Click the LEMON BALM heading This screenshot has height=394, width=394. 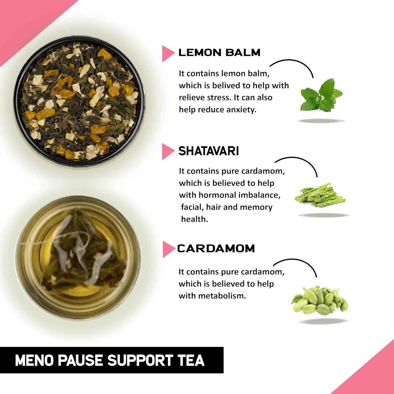click(x=219, y=53)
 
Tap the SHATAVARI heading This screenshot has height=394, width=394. click(x=209, y=151)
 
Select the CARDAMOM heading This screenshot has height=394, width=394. click(x=216, y=248)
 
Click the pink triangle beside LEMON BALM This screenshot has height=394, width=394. click(x=167, y=54)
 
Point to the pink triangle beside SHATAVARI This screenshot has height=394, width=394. click(x=167, y=152)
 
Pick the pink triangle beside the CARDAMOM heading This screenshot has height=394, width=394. click(x=167, y=249)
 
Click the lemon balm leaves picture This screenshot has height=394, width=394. click(x=321, y=95)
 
